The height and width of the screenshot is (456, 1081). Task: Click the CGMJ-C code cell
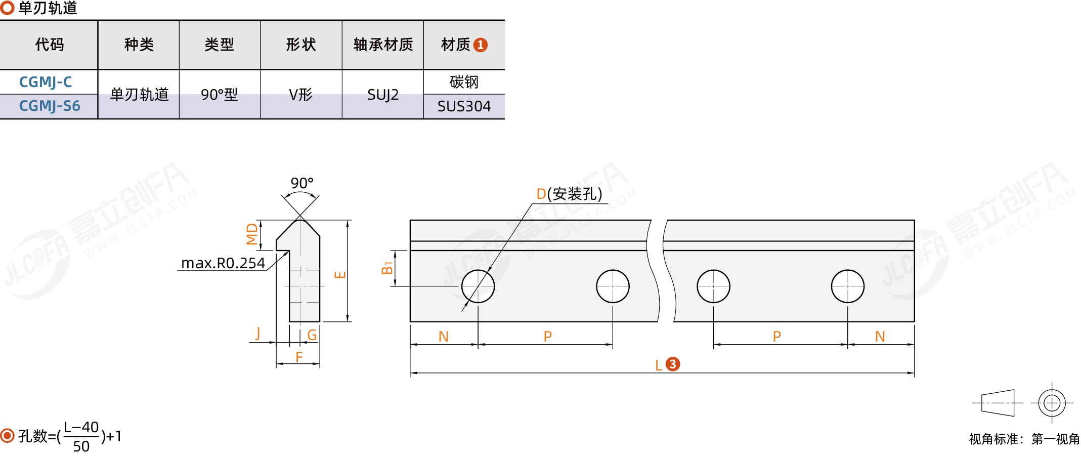46,82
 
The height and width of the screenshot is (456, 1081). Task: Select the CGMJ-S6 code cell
50,106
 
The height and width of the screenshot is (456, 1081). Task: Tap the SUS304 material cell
464,106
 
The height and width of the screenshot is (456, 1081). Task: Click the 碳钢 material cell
464,82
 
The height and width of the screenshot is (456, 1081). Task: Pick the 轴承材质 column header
383,45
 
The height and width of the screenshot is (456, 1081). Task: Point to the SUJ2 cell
383,95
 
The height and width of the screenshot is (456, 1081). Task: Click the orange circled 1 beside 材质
481,45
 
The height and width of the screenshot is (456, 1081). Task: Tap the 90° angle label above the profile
302,183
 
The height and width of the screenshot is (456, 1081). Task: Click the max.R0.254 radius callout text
223,263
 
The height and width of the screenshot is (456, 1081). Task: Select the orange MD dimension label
252,234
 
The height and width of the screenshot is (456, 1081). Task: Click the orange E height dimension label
340,275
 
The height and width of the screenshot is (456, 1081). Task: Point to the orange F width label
299,357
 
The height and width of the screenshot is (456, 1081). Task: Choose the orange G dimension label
312,335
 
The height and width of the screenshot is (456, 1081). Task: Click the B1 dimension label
387,268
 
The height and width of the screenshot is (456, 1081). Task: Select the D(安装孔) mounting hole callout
569,194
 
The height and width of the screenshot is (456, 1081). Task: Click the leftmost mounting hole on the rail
478,286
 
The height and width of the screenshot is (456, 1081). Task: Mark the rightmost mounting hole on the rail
848,286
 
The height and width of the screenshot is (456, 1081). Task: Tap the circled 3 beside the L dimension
673,364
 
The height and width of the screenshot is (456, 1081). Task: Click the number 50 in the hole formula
81,446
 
